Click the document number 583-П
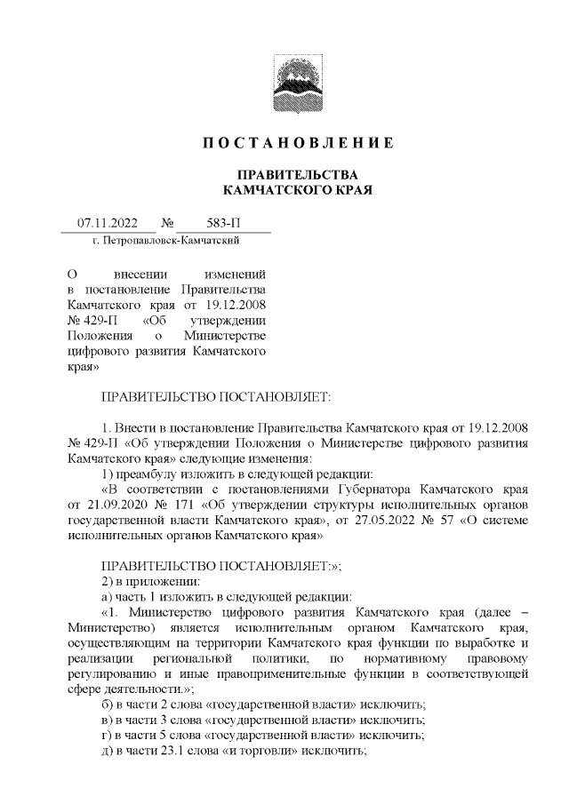[217, 224]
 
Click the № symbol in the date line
[166, 224]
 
